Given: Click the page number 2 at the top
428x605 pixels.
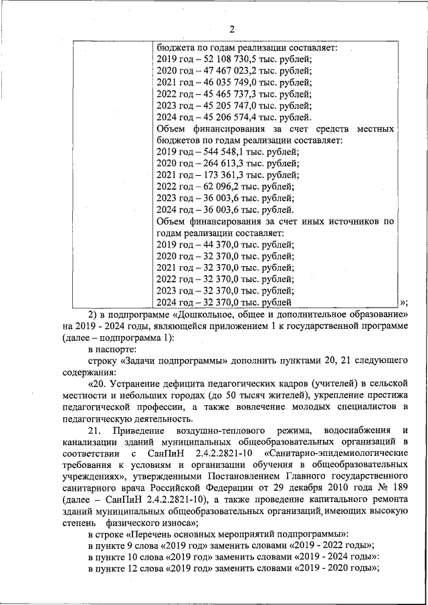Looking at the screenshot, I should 231,29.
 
